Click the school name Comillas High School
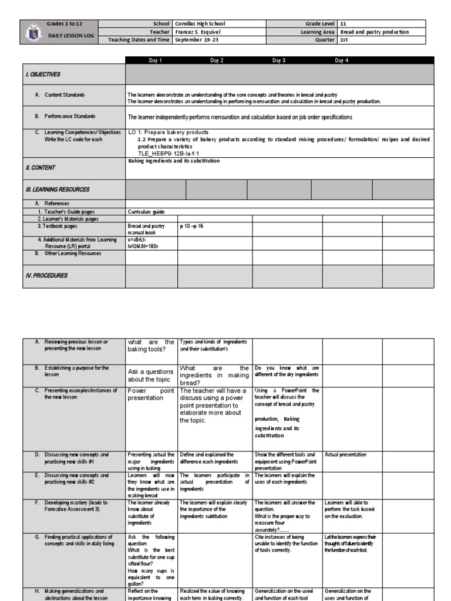coord(200,23)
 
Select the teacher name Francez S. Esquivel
coord(200,32)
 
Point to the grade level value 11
coord(344,23)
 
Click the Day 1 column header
coord(156,60)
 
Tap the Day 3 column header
coord(279,60)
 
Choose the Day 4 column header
coord(342,60)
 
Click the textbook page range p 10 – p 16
coord(191,225)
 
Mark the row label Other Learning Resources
coord(69,254)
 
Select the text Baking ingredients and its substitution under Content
coord(173,161)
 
